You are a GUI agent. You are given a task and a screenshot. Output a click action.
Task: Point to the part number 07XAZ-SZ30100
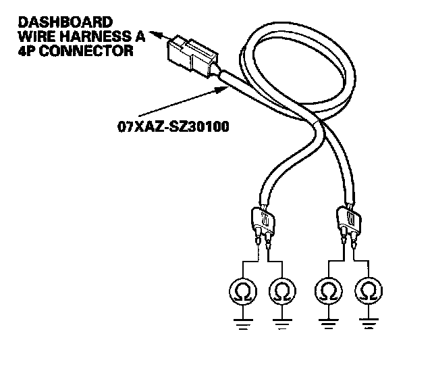pos(170,125)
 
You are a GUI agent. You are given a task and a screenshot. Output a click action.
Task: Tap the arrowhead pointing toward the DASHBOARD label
pos(156,32)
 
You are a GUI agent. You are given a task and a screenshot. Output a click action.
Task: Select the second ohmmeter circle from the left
pos(281,293)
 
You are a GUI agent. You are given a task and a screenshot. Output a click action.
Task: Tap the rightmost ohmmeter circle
pos(368,293)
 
